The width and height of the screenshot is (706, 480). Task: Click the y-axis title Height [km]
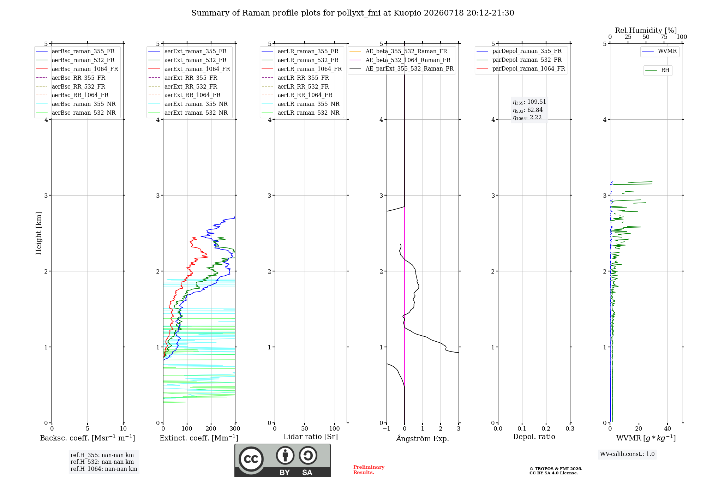tap(38, 233)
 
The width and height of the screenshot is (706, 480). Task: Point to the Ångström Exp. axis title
tap(423, 438)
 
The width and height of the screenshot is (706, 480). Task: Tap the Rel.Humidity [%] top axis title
tap(646, 30)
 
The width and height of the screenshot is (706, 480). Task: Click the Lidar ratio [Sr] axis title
tap(311, 437)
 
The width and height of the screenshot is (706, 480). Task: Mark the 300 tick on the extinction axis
tap(235, 429)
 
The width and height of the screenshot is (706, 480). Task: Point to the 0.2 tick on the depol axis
tap(546, 429)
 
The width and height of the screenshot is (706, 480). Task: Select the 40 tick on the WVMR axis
tap(668, 429)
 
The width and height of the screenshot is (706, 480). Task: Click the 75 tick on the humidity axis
tap(664, 37)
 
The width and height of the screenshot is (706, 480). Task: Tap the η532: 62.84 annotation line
tap(528, 110)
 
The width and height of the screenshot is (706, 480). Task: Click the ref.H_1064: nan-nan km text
tap(104, 469)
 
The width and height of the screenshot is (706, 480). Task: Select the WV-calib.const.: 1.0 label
tap(627, 454)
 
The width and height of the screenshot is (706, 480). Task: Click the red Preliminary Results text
tap(369, 470)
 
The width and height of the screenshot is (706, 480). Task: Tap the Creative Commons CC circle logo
tap(251, 459)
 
